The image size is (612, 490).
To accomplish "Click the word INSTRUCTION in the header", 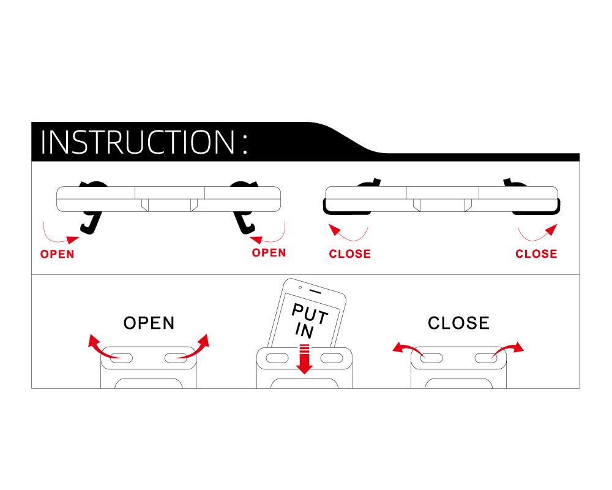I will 137,141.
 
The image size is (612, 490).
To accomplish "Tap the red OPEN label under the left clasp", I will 57,254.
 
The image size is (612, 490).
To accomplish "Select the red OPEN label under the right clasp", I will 269,252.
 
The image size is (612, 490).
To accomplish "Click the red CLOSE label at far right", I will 536,254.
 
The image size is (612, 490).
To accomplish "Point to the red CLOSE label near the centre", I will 349,254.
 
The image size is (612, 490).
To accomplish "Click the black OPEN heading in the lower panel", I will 149,323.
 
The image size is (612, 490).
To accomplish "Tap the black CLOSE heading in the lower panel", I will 458,323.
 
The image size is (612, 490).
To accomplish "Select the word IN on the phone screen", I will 304,331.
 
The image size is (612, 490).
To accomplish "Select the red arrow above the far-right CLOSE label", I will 539,233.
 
